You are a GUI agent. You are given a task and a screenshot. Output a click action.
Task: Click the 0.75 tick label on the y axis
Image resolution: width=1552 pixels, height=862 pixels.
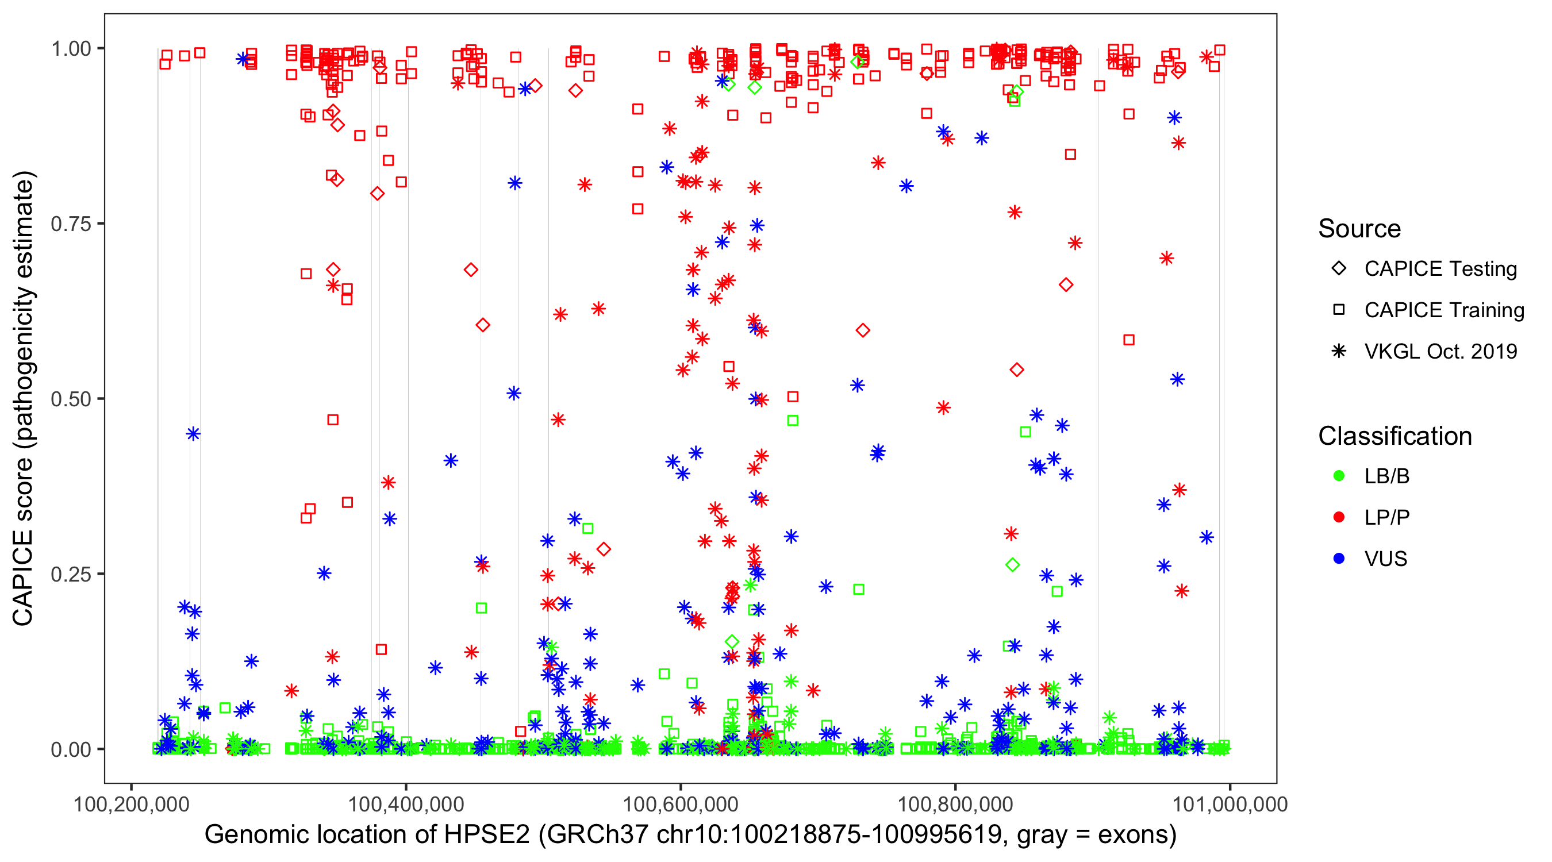[x=70, y=224]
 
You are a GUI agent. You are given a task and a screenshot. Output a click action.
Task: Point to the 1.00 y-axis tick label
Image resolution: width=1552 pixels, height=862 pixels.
[x=70, y=49]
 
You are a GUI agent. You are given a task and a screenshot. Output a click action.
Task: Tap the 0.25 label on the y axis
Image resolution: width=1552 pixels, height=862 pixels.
[x=70, y=574]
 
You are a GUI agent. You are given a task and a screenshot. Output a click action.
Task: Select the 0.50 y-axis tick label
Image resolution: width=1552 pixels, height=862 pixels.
[x=70, y=399]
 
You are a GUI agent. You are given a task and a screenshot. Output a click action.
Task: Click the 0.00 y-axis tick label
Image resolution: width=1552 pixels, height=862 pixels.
[x=70, y=749]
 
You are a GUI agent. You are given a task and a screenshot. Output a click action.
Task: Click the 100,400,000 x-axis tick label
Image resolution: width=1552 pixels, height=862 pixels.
[x=406, y=804]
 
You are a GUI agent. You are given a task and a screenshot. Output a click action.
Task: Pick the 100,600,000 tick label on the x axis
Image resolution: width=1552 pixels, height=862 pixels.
[x=680, y=804]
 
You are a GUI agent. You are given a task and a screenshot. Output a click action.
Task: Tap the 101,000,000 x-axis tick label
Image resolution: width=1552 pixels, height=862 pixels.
[x=1230, y=804]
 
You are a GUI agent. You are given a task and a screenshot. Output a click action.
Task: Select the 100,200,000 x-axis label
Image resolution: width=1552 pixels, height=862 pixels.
[x=131, y=804]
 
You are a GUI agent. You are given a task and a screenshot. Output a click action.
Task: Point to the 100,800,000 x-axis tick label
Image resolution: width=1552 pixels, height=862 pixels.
[x=955, y=804]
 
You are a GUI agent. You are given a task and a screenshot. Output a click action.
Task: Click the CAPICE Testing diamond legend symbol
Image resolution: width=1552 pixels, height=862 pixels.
[x=1339, y=269]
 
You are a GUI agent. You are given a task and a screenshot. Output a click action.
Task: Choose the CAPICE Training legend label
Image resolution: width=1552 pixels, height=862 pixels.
[x=1443, y=310]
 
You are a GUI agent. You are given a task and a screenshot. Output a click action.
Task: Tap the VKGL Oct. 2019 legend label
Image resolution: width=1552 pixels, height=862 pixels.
[x=1440, y=352]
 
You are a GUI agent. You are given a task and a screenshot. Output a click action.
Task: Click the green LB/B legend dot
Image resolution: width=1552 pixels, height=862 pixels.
[x=1339, y=476]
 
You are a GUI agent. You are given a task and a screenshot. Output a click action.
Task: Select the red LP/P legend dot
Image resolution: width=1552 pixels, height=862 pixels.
[x=1339, y=517]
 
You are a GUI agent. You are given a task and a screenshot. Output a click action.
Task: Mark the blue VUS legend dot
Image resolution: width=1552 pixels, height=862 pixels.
[x=1339, y=559]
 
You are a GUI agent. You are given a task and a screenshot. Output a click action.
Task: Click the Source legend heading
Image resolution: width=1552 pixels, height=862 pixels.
[x=1359, y=229]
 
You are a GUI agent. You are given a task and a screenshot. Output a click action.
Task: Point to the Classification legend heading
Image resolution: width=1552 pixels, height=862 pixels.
[x=1395, y=436]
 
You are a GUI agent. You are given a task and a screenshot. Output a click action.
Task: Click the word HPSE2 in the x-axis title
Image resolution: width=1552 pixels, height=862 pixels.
[x=487, y=835]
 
